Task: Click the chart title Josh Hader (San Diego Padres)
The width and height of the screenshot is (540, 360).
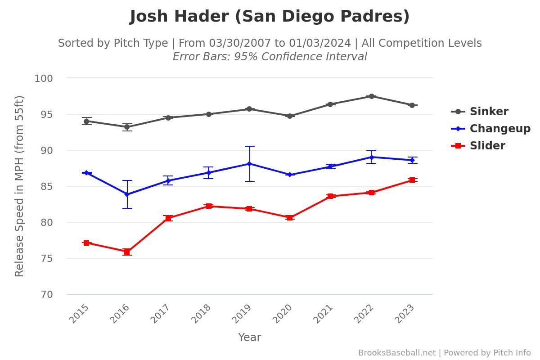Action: [x=270, y=17]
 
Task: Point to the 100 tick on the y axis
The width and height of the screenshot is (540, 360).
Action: [x=44, y=78]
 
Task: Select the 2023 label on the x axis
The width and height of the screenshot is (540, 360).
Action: [x=404, y=314]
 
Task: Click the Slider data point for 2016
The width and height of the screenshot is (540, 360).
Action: [x=127, y=252]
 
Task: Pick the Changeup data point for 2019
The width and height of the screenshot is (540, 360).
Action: [x=249, y=164]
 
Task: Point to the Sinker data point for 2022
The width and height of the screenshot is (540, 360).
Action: [x=371, y=96]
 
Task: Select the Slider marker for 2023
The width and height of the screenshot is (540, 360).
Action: [x=412, y=180]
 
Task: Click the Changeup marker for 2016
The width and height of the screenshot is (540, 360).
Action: [x=127, y=194]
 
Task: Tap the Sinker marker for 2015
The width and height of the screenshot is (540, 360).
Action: [x=86, y=121]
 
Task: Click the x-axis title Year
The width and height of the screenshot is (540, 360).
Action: [x=249, y=337]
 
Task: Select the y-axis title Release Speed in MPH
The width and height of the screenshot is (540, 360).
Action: [x=19, y=186]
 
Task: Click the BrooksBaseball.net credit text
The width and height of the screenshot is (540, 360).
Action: [x=397, y=353]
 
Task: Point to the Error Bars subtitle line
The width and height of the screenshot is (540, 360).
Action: [x=270, y=57]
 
